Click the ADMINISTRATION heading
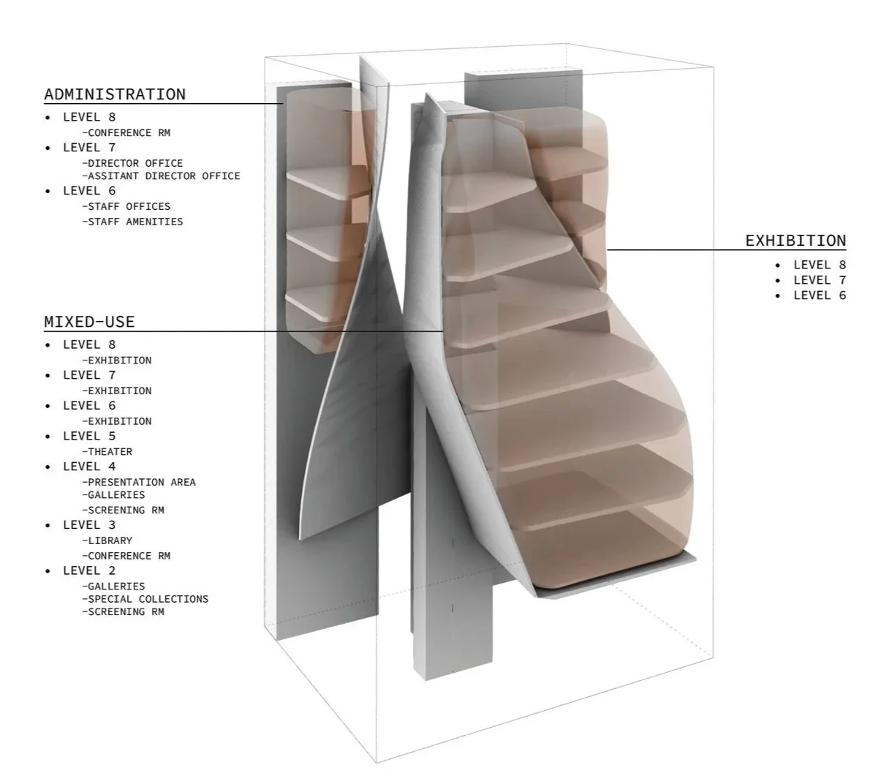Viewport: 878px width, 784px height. [x=115, y=94]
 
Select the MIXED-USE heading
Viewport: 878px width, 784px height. [x=89, y=322]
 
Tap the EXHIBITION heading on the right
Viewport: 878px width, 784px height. [x=795, y=241]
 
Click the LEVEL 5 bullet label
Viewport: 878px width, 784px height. [x=89, y=436]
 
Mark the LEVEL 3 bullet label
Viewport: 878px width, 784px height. [x=89, y=525]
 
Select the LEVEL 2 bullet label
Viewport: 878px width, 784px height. [x=89, y=570]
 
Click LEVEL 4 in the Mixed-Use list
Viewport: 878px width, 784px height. [x=89, y=467]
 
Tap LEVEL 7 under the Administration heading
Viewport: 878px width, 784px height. [x=89, y=147]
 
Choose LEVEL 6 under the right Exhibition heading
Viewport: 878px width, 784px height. [x=820, y=295]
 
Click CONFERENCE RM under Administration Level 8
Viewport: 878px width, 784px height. [x=129, y=133]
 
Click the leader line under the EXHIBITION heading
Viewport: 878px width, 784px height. [x=724, y=250]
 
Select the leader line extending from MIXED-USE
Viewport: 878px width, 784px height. [x=292, y=331]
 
